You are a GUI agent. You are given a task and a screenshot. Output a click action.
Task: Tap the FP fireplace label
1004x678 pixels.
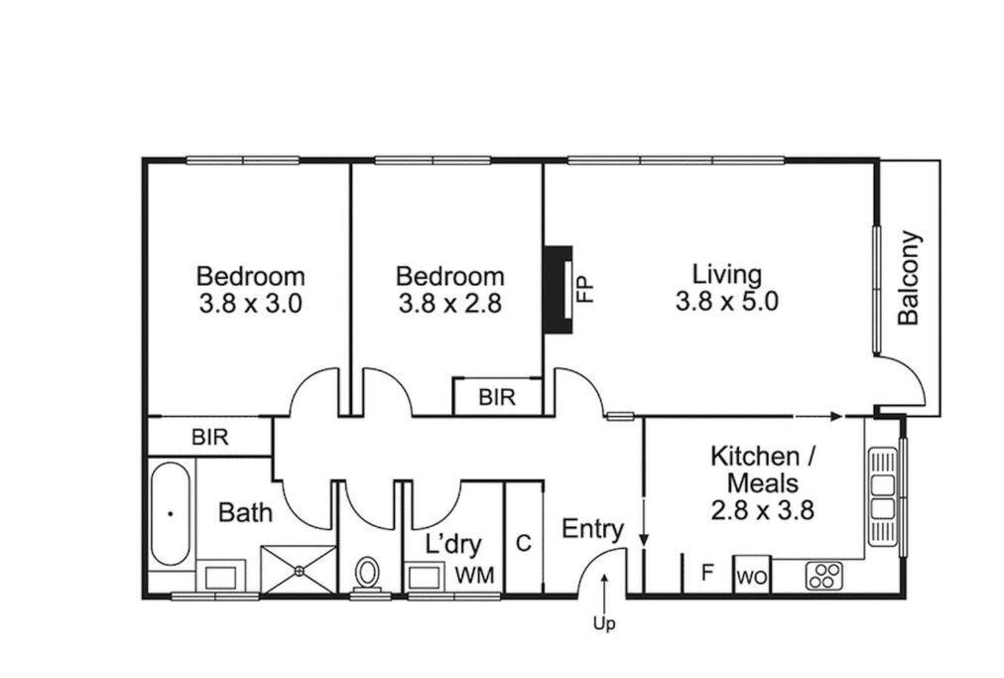tap(586, 290)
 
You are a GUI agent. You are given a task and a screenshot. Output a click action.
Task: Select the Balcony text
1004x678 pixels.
tap(909, 278)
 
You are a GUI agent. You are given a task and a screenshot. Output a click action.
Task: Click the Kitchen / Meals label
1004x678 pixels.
tap(763, 470)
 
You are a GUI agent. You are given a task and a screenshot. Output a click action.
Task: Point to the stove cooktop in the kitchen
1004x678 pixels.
tap(824, 576)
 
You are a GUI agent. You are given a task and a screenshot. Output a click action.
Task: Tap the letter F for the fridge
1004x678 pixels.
tap(707, 572)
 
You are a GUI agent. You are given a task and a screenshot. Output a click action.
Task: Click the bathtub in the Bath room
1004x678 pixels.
tap(171, 514)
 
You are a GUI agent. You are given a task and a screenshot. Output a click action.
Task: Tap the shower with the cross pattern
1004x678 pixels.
tap(299, 569)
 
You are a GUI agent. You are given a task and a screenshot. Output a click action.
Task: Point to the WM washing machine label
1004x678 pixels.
tap(474, 576)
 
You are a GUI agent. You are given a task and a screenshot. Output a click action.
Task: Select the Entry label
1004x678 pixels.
tap(592, 529)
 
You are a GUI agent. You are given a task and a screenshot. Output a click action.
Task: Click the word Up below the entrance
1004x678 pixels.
tap(604, 624)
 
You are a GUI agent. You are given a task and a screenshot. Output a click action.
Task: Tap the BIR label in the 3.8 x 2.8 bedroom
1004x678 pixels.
tap(497, 397)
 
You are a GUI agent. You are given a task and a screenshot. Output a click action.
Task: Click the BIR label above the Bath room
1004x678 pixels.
tap(210, 437)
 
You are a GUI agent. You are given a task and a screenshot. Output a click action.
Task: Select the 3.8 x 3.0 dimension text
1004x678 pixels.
tap(250, 303)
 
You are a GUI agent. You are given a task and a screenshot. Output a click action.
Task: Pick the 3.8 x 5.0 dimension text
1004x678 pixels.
tap(727, 300)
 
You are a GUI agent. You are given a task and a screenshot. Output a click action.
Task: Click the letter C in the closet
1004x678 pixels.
tap(524, 543)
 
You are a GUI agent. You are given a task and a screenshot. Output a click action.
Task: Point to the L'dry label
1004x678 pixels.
tap(453, 545)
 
